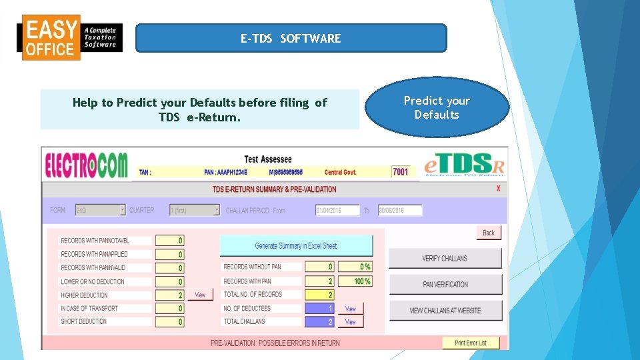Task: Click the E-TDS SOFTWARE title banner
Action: pyautogui.click(x=291, y=39)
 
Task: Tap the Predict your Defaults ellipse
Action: pyautogui.click(x=437, y=107)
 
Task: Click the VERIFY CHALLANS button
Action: pyautogui.click(x=445, y=259)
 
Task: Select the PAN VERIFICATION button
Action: pyautogui.click(x=445, y=285)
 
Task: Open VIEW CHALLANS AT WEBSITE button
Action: pyautogui.click(x=445, y=311)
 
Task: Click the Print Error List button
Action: pyautogui.click(x=471, y=343)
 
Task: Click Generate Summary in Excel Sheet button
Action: pyautogui.click(x=296, y=246)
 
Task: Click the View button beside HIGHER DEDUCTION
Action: pyautogui.click(x=200, y=295)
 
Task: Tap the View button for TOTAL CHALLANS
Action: pyautogui.click(x=351, y=322)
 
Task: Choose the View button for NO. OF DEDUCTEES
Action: pyautogui.click(x=351, y=309)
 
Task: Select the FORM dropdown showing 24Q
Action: pyautogui.click(x=100, y=210)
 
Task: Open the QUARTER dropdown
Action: pyautogui.click(x=195, y=210)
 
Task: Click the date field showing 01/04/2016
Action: pyautogui.click(x=337, y=211)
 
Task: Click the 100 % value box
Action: pyautogui.click(x=355, y=281)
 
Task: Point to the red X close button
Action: pyautogui.click(x=499, y=189)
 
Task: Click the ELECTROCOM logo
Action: pyautogui.click(x=86, y=165)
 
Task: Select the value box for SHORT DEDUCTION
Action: pyautogui.click(x=169, y=322)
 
